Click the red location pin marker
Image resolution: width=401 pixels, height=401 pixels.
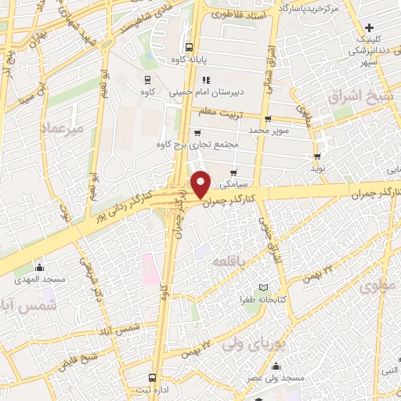[202, 183]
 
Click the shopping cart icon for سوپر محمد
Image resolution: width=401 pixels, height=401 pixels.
[269, 120]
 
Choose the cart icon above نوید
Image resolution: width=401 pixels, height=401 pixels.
[317, 155]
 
